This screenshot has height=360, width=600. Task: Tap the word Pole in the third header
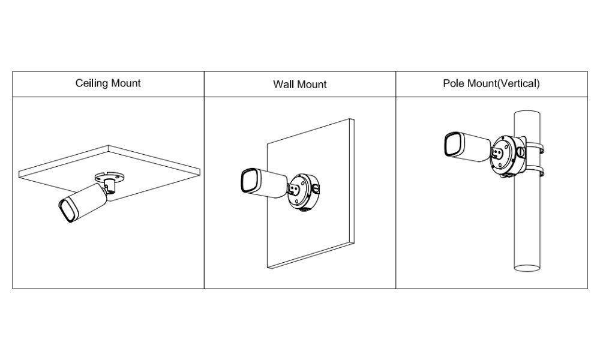pos(452,83)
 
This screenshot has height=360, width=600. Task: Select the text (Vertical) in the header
pos(518,83)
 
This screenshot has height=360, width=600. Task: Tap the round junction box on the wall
pos(302,193)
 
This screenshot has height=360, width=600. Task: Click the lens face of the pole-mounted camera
pos(453,145)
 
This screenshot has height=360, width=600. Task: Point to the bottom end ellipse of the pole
pos(527,268)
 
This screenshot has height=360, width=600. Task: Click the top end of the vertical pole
pos(527,114)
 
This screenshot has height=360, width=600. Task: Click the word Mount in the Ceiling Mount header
pos(126,83)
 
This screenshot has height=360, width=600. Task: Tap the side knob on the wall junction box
pos(316,188)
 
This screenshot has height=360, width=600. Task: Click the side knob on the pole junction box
pos(521,151)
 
